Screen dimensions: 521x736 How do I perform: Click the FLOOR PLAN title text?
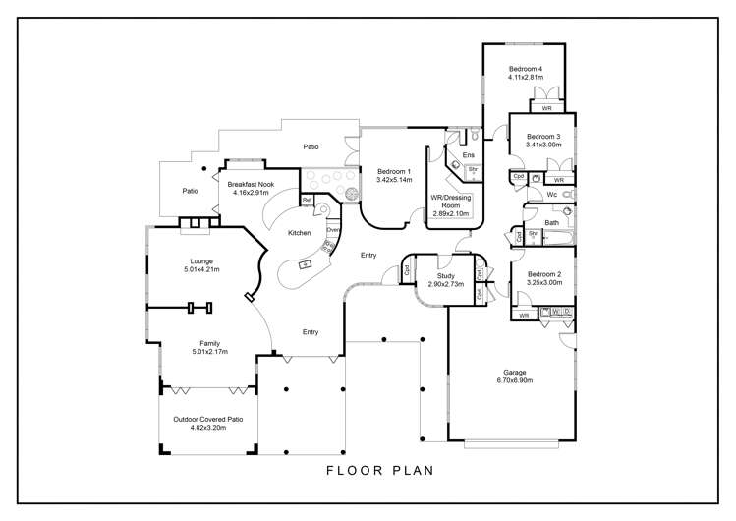[380, 472]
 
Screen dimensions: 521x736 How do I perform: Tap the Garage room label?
[515, 372]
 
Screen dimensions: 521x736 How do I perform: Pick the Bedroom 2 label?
[543, 274]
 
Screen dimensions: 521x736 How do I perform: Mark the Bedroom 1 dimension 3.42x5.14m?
[394, 180]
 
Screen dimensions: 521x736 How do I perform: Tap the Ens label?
[469, 155]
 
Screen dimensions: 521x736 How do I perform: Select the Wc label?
[553, 195]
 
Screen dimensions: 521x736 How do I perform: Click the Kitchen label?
[299, 233]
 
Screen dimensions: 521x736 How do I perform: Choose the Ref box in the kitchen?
[307, 201]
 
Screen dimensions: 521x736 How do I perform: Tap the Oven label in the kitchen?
[333, 230]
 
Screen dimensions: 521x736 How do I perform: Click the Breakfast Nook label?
[251, 184]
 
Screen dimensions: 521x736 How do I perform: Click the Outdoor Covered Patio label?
[208, 419]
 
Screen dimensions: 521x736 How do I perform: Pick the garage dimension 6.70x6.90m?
[515, 379]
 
